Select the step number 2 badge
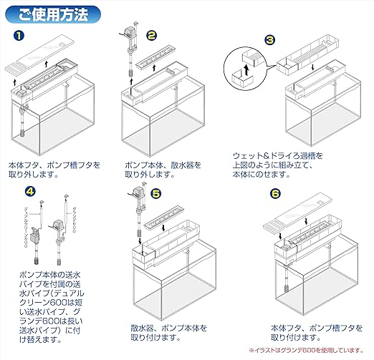[x=151, y=34]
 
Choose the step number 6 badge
[x=276, y=194]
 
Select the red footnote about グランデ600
[x=305, y=349]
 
